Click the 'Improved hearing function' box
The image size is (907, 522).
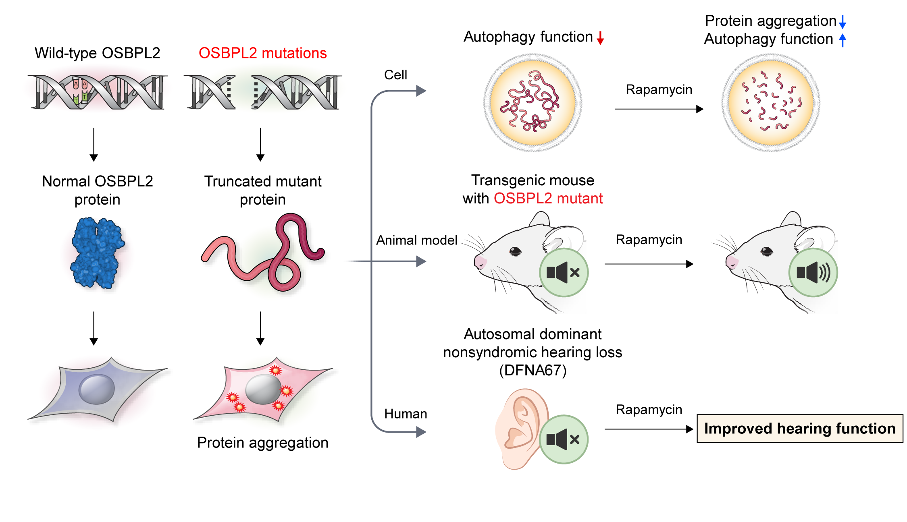(x=800, y=429)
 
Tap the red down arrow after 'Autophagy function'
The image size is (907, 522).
(x=600, y=38)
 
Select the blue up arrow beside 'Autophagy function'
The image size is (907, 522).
(x=843, y=40)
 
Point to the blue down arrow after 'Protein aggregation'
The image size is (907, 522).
(x=843, y=22)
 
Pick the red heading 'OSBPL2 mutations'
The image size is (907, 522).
(x=263, y=53)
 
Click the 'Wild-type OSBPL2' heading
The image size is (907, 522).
(x=98, y=53)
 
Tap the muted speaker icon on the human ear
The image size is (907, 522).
(x=564, y=439)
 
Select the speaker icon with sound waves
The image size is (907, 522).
(x=813, y=273)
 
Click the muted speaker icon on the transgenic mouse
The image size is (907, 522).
(x=564, y=273)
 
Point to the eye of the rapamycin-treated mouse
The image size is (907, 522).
(x=767, y=252)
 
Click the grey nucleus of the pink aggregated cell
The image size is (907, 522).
(x=263, y=389)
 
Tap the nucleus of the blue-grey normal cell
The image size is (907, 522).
(x=97, y=389)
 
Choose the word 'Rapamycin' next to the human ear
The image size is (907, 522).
(x=649, y=410)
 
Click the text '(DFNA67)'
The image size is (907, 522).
(x=533, y=370)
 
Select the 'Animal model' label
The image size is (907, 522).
(x=417, y=240)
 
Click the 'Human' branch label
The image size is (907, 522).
(x=406, y=414)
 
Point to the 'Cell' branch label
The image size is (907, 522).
(x=395, y=75)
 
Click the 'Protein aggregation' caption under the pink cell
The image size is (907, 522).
(x=263, y=443)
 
